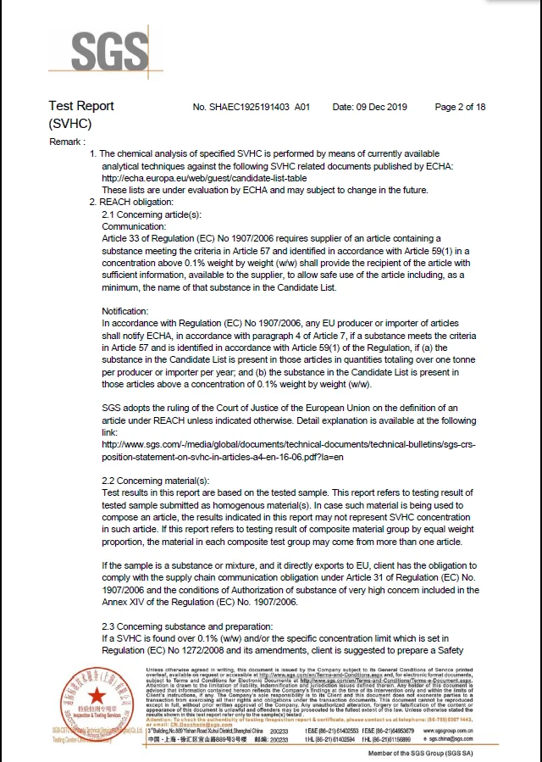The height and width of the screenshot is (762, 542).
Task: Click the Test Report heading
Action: pyautogui.click(x=81, y=106)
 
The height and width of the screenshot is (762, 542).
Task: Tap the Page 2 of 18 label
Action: pyautogui.click(x=460, y=108)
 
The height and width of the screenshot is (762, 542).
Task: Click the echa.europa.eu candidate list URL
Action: pyautogui.click(x=204, y=179)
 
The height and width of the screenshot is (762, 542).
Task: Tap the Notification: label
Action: pyautogui.click(x=125, y=312)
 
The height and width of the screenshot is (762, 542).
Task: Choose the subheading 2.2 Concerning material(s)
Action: pyautogui.click(x=155, y=481)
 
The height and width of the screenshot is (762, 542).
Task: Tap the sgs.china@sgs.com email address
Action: pyautogui.click(x=445, y=739)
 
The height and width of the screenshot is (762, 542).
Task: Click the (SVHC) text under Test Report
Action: pyautogui.click(x=69, y=124)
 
